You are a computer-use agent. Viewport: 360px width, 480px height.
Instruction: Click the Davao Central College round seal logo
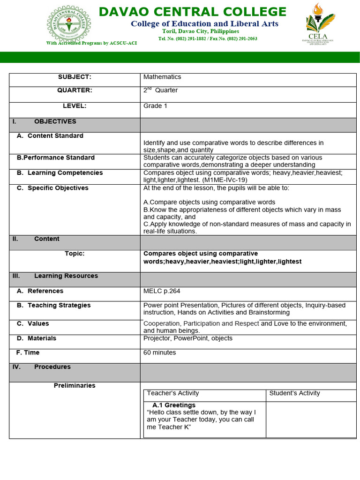point(69,23)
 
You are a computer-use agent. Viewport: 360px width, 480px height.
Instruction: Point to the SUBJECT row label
point(75,77)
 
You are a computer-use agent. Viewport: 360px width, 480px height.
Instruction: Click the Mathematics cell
point(162,77)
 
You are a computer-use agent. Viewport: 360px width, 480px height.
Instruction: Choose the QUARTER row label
point(75,90)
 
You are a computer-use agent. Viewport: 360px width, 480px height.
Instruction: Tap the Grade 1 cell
point(155,106)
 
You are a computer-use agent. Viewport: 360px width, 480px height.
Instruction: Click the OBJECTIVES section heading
point(55,122)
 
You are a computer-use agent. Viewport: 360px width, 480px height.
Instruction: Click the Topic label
point(75,254)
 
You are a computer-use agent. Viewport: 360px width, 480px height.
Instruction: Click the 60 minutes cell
point(160,352)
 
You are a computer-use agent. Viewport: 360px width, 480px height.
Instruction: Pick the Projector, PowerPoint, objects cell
point(187,338)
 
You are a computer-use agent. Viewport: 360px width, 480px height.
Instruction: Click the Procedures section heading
point(52,367)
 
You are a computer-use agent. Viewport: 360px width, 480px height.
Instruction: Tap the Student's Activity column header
point(294,393)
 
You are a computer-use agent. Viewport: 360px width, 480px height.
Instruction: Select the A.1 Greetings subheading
point(174,405)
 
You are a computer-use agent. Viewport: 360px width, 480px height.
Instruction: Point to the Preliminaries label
point(75,386)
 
